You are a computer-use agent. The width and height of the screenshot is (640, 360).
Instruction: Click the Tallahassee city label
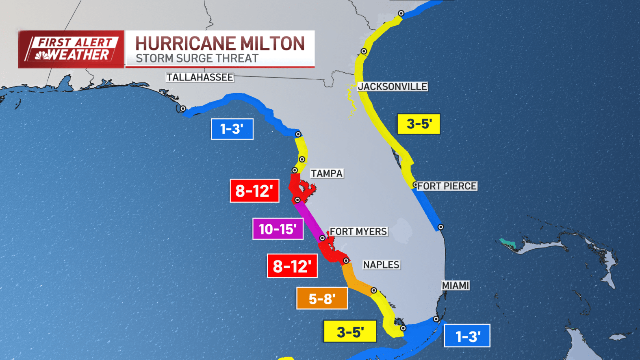[x=200, y=77]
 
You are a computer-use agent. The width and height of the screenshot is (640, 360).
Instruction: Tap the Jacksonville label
[x=393, y=87]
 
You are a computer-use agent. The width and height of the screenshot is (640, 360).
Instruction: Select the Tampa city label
[x=327, y=173]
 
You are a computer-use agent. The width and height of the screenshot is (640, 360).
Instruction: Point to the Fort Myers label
[x=358, y=232]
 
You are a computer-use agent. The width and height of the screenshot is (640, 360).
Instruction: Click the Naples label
[x=381, y=265]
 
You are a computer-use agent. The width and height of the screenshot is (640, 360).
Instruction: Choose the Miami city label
[x=456, y=286]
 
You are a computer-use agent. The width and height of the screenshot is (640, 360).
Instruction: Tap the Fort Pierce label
[x=447, y=186]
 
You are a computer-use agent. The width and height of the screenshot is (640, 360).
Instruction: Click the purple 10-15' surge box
[x=278, y=229]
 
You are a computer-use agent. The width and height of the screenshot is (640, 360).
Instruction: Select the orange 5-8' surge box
[x=322, y=299]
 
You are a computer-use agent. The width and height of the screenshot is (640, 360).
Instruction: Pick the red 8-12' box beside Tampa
[x=254, y=191]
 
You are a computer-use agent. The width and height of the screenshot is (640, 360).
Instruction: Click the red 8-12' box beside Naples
[x=292, y=266]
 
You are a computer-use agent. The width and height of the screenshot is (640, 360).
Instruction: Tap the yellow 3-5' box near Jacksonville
[x=419, y=124]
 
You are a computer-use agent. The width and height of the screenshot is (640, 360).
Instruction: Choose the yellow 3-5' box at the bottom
[x=350, y=332]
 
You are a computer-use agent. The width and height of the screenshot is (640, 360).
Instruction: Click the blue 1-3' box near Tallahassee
[x=232, y=129]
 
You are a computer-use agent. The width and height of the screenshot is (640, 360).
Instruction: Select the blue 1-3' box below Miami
[x=467, y=336]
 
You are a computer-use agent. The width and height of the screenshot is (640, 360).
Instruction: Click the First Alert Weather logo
[x=72, y=49]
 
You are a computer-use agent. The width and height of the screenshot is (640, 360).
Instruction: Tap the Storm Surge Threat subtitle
[x=197, y=59]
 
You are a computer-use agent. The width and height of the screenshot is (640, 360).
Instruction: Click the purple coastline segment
[x=309, y=220]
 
